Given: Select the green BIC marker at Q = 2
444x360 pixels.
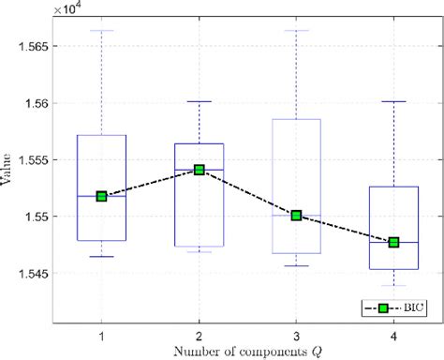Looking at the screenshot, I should [199, 170].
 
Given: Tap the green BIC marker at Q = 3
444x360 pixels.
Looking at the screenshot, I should [296, 215].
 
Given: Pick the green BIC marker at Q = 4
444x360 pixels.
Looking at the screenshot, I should [393, 242].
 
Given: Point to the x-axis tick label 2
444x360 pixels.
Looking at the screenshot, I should [199, 334].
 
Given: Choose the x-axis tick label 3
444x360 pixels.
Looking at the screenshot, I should [296, 334].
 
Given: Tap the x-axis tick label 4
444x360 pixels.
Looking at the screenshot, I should [393, 334].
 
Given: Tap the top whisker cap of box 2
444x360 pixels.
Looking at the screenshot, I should [199, 101].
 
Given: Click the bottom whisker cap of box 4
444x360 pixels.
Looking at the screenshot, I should [393, 285].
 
